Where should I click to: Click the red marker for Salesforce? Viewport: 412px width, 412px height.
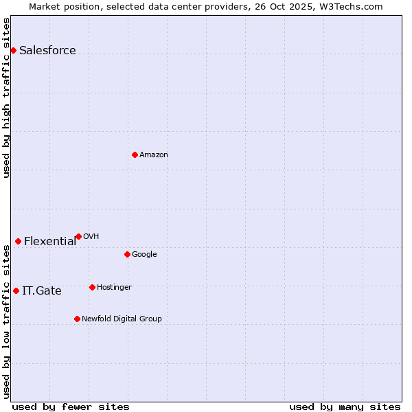(x=13, y=50)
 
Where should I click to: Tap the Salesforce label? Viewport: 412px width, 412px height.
(x=47, y=50)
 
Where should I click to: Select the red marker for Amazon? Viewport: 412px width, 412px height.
(x=135, y=154)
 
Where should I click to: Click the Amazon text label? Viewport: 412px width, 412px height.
(x=153, y=154)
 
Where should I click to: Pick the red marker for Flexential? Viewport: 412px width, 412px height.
(x=18, y=241)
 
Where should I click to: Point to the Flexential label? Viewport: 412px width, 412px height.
(x=50, y=241)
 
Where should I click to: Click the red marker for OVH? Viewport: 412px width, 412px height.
(x=78, y=236)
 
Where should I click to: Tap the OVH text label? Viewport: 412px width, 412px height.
(x=91, y=236)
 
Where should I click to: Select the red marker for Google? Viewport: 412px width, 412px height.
(x=127, y=254)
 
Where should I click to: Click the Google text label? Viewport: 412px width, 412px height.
(x=144, y=254)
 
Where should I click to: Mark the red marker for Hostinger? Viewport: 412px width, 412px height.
(x=92, y=287)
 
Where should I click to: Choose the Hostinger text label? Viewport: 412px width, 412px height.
(x=114, y=287)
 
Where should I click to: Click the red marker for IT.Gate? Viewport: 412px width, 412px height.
(x=16, y=290)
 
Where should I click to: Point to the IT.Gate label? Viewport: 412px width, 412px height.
(x=41, y=290)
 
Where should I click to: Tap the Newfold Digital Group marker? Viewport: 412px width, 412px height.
(x=77, y=319)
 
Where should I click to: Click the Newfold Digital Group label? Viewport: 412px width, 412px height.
(x=122, y=319)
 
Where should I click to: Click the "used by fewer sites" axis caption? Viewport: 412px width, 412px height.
(x=70, y=407)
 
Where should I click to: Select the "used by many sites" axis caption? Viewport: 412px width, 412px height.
(x=345, y=407)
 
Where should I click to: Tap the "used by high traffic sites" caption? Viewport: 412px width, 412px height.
(x=6, y=98)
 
